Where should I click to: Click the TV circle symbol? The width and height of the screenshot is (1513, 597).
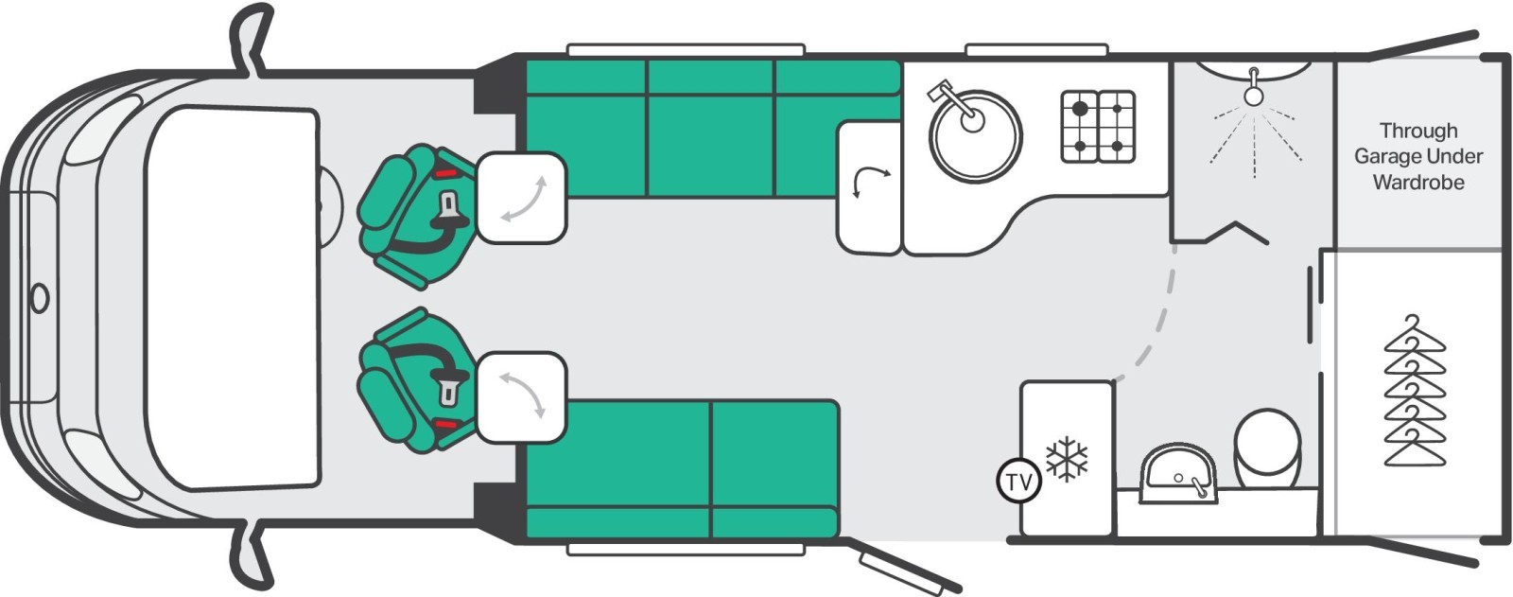[1019, 483]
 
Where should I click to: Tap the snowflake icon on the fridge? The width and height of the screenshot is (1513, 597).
[1067, 459]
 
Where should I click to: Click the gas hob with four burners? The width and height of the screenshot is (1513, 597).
[1098, 127]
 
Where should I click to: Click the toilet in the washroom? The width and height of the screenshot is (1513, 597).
[1267, 448]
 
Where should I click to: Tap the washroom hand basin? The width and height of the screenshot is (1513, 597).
[1178, 473]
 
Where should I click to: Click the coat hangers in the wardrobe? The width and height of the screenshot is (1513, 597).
[1415, 391]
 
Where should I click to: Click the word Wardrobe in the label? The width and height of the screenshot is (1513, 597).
[1418, 183]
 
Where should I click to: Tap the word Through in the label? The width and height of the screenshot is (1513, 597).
[1418, 130]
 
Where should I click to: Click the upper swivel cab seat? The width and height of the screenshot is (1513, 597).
[415, 217]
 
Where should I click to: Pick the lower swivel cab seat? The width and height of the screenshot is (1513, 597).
[415, 380]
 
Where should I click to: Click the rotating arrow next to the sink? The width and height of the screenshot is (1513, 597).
[869, 177]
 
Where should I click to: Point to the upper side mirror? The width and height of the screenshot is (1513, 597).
[252, 37]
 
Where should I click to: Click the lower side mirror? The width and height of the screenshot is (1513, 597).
[252, 558]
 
